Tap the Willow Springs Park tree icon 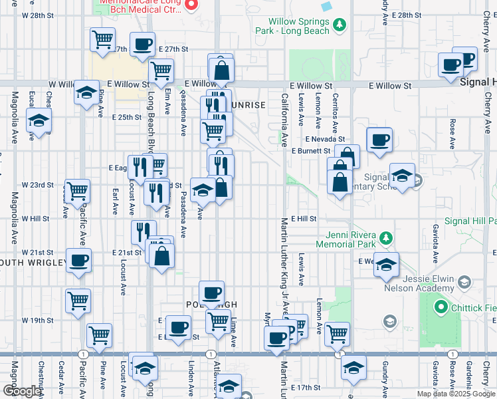coord(340,25)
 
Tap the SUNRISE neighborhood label coord(248,105)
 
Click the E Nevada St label coord(326,139)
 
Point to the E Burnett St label coord(311,151)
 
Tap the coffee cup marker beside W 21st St coord(79,260)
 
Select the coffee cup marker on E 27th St coord(142,45)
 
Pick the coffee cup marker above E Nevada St coord(379,140)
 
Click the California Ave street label coord(284,120)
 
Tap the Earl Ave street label coord(115,201)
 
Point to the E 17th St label coord(306,387)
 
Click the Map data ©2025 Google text coord(456,394)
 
